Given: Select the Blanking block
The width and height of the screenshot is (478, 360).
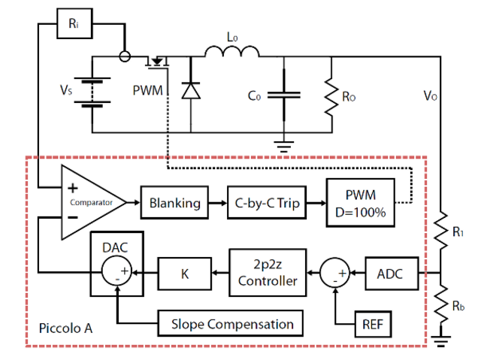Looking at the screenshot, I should pos(174,203).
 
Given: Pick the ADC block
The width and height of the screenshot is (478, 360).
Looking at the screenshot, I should pos(388,273).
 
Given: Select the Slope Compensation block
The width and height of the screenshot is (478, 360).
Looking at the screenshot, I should pos(231,324).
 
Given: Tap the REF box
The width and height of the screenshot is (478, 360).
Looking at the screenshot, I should pos(372,324).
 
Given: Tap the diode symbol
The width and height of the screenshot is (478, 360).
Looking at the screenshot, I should pos(191,91).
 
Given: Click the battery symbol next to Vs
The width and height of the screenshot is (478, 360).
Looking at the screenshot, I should pos(92,94).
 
